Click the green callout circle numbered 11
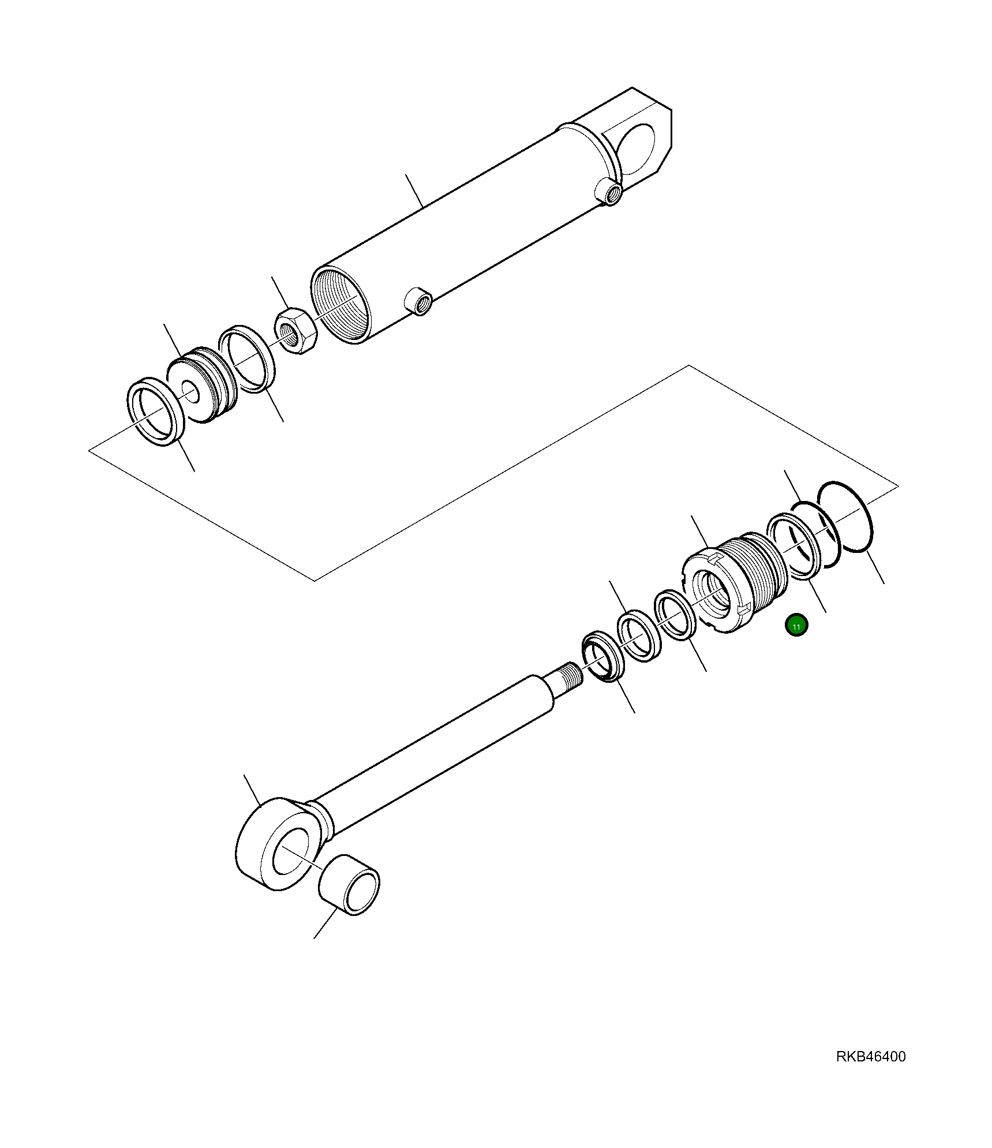(796, 625)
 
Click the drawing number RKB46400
(870, 1057)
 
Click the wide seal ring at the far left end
(155, 412)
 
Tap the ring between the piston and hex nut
(247, 358)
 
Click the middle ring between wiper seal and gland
(639, 635)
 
